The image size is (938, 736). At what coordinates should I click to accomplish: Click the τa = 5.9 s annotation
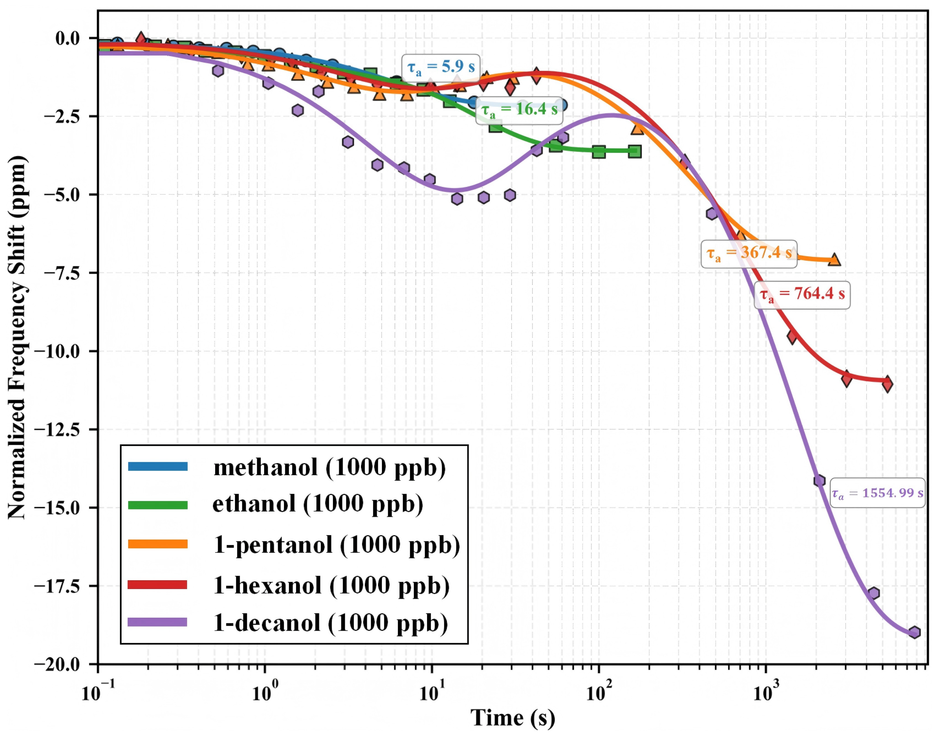coord(441,68)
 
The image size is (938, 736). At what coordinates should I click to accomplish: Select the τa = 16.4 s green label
coord(519,110)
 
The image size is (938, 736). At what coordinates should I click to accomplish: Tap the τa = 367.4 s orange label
coord(749,254)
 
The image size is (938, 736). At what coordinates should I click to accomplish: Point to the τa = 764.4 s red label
coord(802,295)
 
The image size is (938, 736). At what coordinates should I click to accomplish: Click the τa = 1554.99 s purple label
coord(877,493)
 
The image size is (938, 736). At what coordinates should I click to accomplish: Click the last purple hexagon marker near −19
coord(914,632)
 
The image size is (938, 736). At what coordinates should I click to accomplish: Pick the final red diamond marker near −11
coord(887,383)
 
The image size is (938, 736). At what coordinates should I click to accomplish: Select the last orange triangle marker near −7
coord(834,259)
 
